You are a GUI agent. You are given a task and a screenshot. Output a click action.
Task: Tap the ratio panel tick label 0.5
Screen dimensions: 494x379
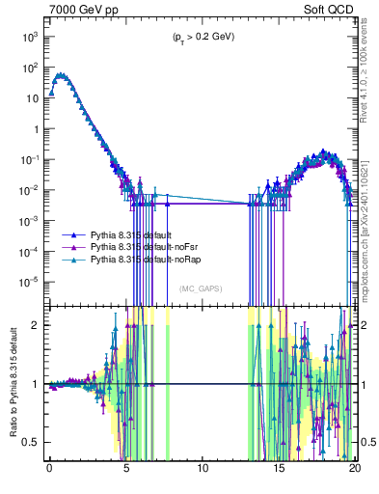click(33, 442)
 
